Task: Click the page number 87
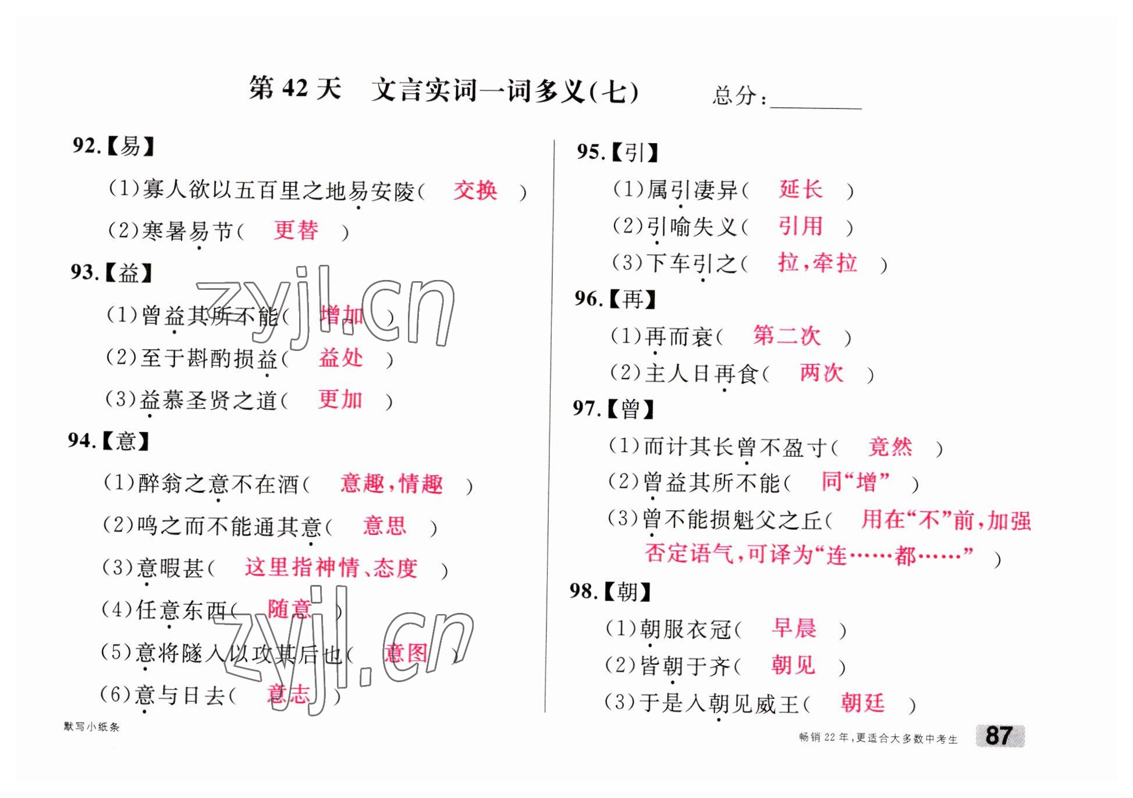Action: [x=999, y=736]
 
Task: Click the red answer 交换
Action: [x=475, y=190]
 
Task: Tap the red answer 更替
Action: [x=296, y=230]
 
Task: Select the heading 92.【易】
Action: [x=113, y=146]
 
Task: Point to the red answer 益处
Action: [x=340, y=357]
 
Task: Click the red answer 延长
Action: [x=801, y=189]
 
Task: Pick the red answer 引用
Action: [x=801, y=226]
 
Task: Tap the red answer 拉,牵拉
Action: [x=817, y=263]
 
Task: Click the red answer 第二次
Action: [x=786, y=336]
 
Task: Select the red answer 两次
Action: [x=821, y=373]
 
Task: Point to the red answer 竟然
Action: [x=890, y=446]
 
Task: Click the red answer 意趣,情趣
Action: [x=391, y=484]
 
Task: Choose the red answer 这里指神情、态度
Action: [x=331, y=568]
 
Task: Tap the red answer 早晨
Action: [x=794, y=628]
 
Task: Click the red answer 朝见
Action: [x=793, y=665]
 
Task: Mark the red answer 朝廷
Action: [x=862, y=703]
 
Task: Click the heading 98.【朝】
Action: [x=610, y=591]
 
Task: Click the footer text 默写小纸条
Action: [x=91, y=727]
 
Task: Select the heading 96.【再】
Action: [x=615, y=299]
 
